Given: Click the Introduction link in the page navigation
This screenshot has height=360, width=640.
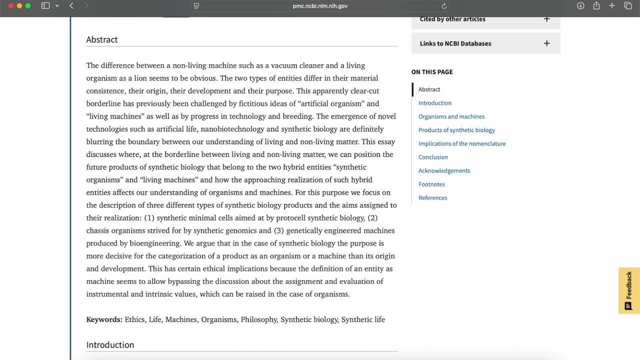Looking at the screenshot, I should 434,103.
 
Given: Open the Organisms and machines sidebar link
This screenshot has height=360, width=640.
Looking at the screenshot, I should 451,116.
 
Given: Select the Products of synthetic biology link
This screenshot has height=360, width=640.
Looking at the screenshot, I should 456,130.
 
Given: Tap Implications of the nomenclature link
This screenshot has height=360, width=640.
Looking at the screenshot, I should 461,143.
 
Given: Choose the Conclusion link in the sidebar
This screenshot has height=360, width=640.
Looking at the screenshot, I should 433,157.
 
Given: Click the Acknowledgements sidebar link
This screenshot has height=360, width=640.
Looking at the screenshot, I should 444,170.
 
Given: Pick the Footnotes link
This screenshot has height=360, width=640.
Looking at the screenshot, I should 431,184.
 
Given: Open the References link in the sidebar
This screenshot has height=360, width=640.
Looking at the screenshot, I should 432,197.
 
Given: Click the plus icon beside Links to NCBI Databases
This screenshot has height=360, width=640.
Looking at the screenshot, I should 546,43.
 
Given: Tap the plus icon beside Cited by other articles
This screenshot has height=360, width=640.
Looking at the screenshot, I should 546,19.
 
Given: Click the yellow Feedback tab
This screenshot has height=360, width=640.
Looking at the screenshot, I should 629,290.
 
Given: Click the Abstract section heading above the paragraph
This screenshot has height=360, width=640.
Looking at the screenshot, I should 102,39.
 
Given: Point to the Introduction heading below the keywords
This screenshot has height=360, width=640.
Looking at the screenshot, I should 110,345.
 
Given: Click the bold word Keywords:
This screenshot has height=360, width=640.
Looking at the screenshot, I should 104,319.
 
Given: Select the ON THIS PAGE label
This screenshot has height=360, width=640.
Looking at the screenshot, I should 432,72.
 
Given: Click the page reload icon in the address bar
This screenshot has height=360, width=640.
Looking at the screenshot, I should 444,6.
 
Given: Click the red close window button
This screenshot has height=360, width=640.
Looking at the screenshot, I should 11,6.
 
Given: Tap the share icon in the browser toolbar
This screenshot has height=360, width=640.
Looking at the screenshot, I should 596,6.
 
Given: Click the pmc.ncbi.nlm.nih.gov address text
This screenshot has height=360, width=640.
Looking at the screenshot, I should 320,6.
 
